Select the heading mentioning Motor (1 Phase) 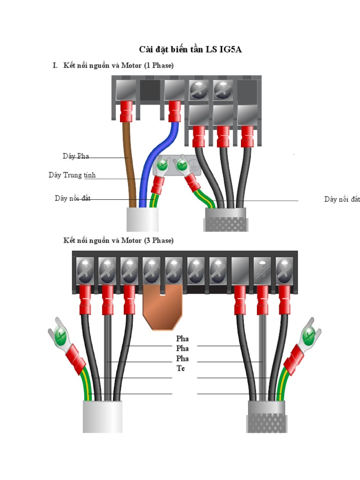point(119,66)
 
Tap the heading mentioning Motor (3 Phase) point(119,240)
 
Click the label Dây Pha point(76,156)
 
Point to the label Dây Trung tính point(72,175)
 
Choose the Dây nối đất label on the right point(342,199)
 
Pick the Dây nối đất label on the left point(72,199)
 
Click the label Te point(180,368)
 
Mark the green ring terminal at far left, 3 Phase point(59,336)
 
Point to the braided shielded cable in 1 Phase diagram point(227,219)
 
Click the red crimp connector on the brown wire point(126,111)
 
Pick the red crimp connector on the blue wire point(174,111)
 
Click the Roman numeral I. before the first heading point(55,66)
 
